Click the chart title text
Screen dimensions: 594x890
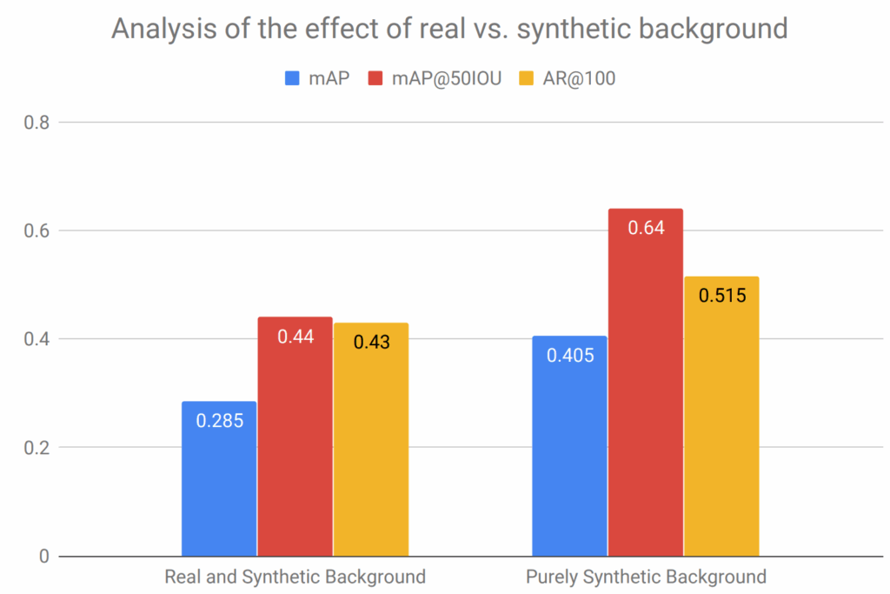449,29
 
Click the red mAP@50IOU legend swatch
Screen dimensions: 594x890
375,78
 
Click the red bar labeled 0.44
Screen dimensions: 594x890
295,444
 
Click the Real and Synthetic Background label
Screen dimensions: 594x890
296,577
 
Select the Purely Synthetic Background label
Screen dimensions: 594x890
646,577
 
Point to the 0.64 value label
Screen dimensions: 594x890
646,228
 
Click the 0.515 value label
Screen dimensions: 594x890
721,295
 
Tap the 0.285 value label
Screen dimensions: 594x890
219,421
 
